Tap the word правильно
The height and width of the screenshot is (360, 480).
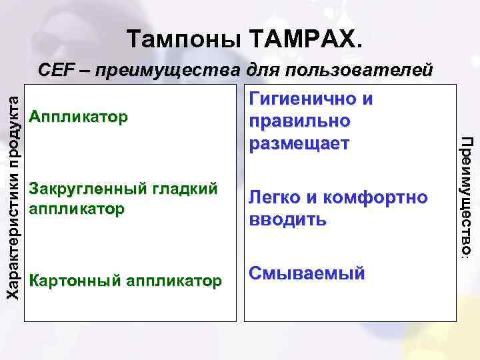point(299,122)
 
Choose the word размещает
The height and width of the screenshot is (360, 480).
point(299,143)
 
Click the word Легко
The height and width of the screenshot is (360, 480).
point(275,197)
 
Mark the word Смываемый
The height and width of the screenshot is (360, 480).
point(307,273)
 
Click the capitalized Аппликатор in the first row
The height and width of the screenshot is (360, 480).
point(79,118)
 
